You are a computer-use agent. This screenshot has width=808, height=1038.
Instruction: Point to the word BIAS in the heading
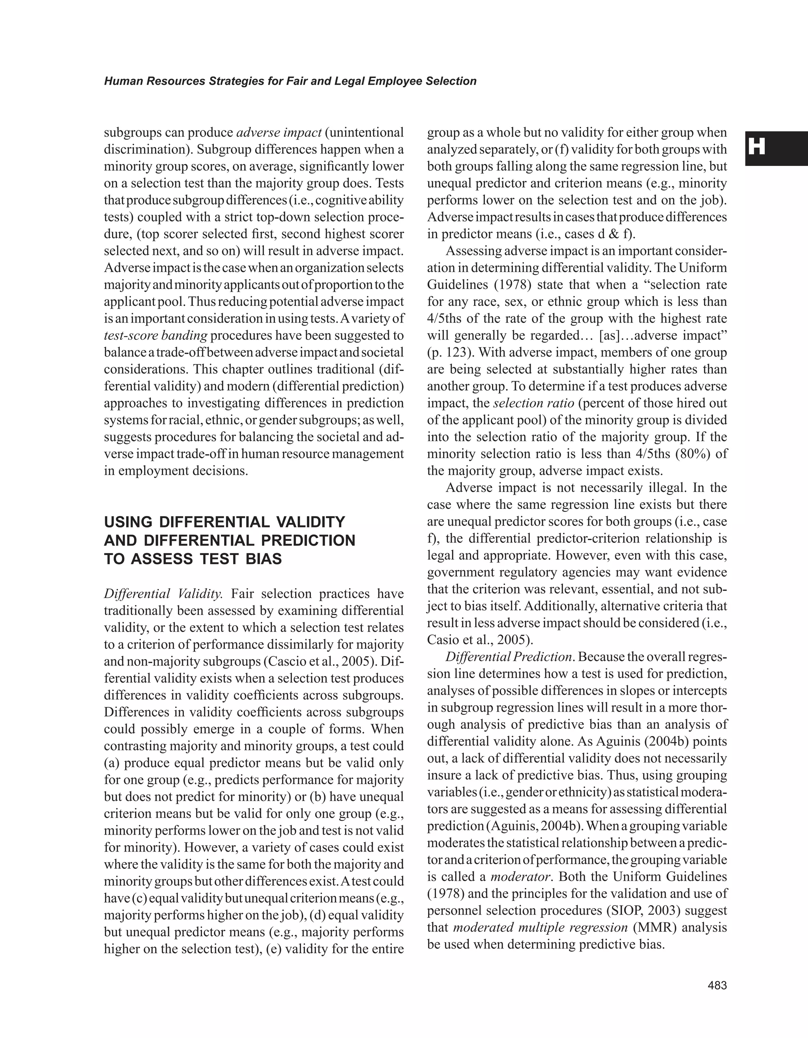pyautogui.click(x=261, y=559)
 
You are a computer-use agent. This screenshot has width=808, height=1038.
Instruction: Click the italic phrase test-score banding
pyautogui.click(x=155, y=335)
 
